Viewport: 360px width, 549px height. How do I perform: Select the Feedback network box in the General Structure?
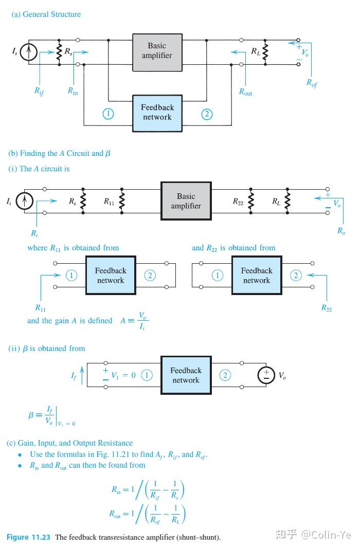coord(157,112)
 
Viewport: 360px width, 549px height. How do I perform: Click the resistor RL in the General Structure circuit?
coord(265,52)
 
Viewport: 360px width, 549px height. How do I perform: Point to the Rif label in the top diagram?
coord(40,91)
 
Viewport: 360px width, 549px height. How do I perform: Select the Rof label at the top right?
coord(312,82)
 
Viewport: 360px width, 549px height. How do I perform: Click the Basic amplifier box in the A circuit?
coord(186,201)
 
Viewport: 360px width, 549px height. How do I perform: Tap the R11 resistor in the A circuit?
coord(122,201)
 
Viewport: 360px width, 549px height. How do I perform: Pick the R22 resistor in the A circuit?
coord(250,201)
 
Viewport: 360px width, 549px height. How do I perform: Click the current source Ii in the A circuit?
coord(24,202)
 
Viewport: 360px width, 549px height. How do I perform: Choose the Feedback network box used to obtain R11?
coord(110,276)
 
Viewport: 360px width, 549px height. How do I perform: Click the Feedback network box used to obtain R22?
coord(257,276)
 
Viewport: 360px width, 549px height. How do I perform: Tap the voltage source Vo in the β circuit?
coord(266,375)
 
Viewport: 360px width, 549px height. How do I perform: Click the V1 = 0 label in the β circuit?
coord(123,375)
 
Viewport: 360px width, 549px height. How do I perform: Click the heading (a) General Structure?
coord(46,14)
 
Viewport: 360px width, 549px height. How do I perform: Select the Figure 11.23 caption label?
coord(28,537)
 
